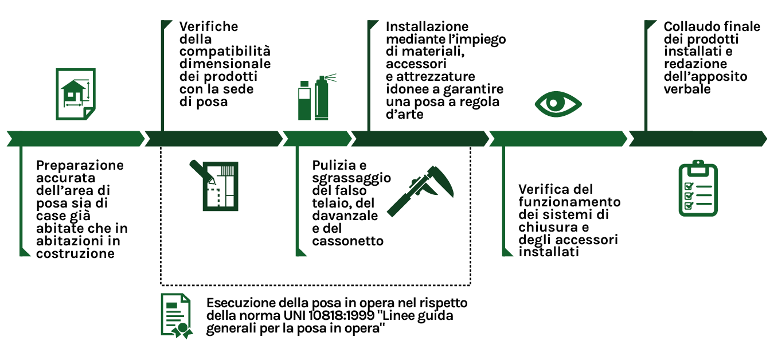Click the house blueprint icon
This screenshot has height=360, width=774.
click(x=75, y=93)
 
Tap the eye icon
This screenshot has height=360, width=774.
click(x=558, y=103)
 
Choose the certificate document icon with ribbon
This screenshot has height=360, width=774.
click(x=177, y=316)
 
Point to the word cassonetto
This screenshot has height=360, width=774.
click(x=347, y=241)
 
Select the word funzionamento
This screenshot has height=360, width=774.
click(x=569, y=202)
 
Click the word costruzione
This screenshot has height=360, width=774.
click(x=75, y=253)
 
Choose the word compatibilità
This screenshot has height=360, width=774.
click(x=225, y=52)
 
